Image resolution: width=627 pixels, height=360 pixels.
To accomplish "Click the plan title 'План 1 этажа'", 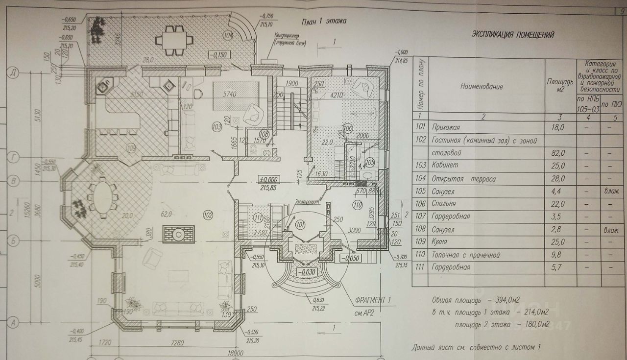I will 323,21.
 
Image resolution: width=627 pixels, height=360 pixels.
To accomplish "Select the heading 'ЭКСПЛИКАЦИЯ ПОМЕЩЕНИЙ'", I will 513,34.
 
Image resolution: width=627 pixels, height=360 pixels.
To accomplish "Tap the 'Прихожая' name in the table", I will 446,128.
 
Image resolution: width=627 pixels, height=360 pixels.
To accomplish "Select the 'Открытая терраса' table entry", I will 463,179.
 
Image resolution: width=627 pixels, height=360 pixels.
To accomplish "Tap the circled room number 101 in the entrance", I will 300,225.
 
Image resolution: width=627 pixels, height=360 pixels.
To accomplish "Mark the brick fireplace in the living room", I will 178,234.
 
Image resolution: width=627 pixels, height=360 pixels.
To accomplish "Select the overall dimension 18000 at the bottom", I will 235,354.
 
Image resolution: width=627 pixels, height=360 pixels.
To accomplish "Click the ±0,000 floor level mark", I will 268,180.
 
